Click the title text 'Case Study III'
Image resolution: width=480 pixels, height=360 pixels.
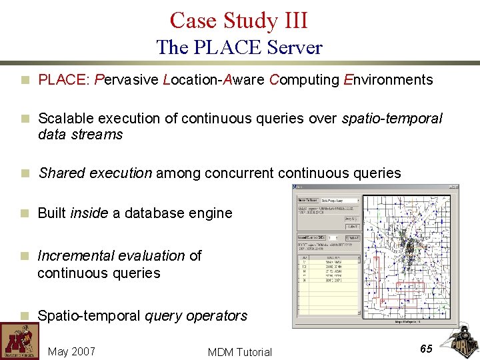click(239, 20)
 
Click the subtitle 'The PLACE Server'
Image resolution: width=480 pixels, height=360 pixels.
click(239, 47)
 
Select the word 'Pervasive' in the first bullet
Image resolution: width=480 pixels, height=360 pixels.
click(127, 81)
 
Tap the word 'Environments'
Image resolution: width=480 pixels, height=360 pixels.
click(388, 81)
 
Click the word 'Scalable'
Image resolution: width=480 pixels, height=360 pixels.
click(65, 119)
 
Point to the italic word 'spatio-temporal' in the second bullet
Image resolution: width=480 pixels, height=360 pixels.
click(392, 119)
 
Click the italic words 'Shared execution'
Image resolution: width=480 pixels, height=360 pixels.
click(95, 173)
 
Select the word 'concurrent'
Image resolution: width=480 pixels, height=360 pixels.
click(239, 173)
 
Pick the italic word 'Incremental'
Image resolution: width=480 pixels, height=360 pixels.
click(75, 256)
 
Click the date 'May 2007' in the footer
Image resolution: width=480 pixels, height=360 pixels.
click(71, 351)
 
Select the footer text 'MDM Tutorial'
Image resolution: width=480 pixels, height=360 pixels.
click(239, 352)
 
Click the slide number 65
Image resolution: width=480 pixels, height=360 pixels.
click(427, 348)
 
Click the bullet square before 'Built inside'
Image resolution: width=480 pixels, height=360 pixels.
click(25, 214)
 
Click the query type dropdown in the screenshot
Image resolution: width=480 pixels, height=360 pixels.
click(339, 200)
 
